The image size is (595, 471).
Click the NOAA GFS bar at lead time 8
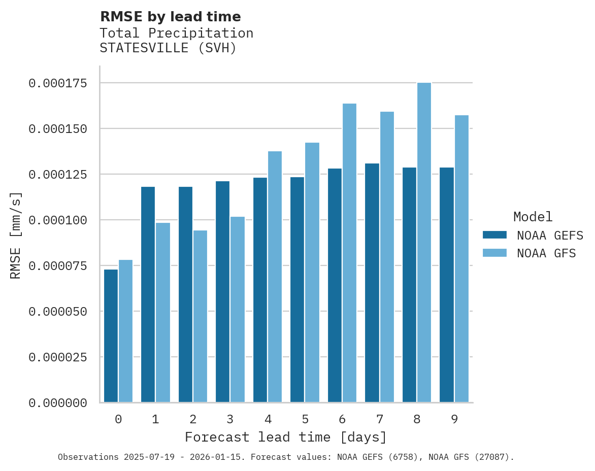click(424, 243)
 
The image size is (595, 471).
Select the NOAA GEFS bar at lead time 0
click(111, 336)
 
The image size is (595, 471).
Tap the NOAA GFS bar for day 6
click(349, 253)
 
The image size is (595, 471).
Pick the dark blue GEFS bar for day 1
click(148, 294)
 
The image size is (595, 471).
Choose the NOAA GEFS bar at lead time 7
click(372, 283)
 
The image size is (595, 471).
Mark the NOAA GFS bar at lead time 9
click(461, 259)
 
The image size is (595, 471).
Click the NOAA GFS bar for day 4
click(275, 277)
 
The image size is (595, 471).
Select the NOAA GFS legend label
click(546, 253)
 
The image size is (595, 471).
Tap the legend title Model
click(533, 217)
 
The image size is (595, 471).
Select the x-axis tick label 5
click(305, 419)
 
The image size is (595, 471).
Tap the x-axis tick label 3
click(230, 419)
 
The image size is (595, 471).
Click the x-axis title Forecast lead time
click(286, 437)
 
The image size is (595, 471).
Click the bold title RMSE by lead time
click(170, 17)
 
